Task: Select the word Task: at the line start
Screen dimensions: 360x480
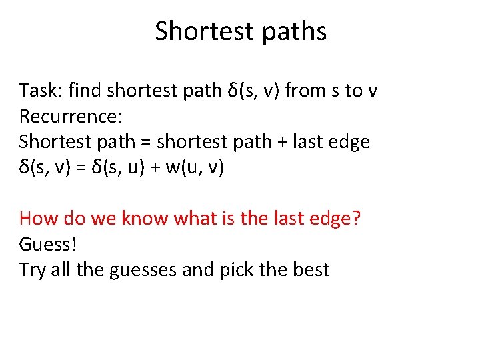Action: pos(41,91)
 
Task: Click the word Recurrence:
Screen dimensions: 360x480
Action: pos(71,117)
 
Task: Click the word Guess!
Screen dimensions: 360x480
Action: pos(49,244)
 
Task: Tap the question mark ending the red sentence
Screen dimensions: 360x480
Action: pos(355,219)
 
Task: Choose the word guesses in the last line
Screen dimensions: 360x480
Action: pos(155,270)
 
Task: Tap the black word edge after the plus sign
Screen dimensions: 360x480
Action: pos(347,142)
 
